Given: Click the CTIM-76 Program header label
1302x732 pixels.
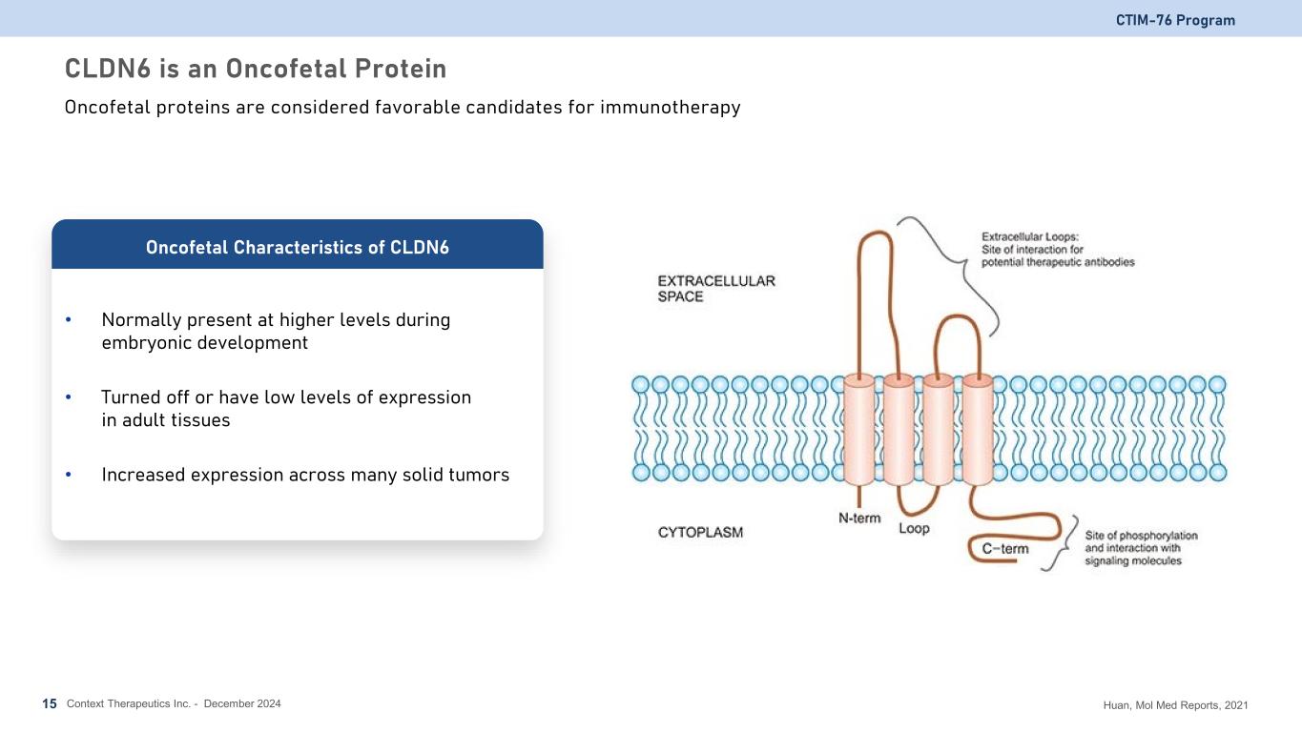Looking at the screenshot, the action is [1175, 20].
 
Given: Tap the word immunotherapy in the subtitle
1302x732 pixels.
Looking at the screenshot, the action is [671, 108].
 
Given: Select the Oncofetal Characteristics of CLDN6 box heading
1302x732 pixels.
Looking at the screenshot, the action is [298, 248].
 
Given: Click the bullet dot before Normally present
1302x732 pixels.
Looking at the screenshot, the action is [69, 319].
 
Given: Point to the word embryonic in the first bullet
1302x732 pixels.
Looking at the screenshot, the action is [147, 343].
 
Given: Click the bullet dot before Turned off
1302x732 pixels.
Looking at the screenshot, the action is [69, 396].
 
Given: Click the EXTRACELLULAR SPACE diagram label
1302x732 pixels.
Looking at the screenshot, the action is [716, 289].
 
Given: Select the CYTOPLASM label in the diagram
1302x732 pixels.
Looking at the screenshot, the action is [700, 532].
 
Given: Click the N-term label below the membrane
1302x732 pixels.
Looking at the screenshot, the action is [859, 518].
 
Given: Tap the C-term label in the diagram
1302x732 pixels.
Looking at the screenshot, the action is [1005, 548].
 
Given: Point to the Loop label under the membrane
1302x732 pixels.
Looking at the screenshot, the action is [915, 528].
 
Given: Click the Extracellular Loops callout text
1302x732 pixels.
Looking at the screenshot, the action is [1058, 249].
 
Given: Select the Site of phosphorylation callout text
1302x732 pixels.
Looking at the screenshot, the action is [1141, 548].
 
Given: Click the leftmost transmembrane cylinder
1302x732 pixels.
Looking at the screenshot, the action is [858, 429].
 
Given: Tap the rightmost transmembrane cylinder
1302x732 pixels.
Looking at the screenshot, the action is [978, 429].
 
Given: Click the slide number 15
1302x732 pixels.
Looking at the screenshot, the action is [50, 704].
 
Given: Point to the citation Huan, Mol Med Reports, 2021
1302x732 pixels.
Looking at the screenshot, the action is [1175, 705].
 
